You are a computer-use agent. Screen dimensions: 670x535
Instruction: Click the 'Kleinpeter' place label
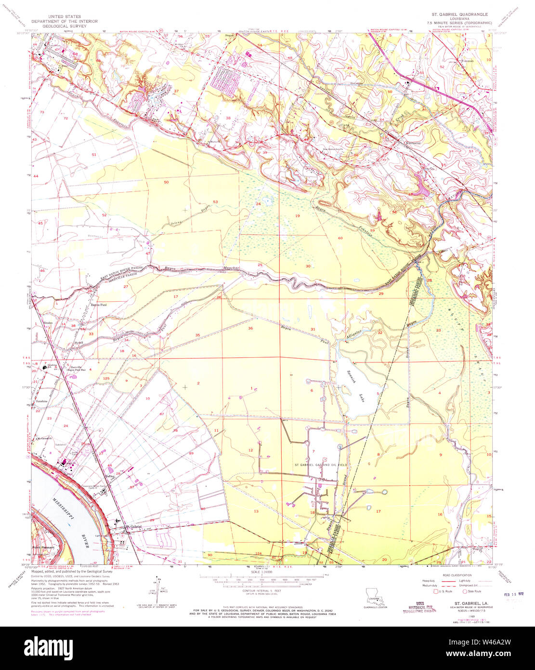coord(414,143)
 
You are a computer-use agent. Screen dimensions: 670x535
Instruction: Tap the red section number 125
coord(106,379)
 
